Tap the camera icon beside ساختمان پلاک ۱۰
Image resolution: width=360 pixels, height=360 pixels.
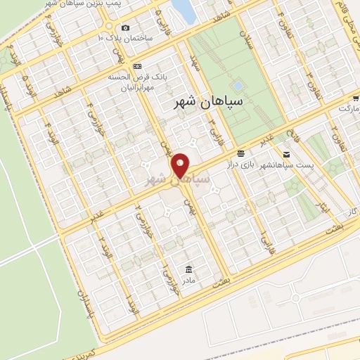click(x=125, y=27)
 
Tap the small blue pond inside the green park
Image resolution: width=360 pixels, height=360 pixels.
click(x=238, y=86)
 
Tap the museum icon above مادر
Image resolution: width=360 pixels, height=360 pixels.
click(x=188, y=269)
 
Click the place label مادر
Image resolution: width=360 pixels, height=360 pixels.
click(x=188, y=280)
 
